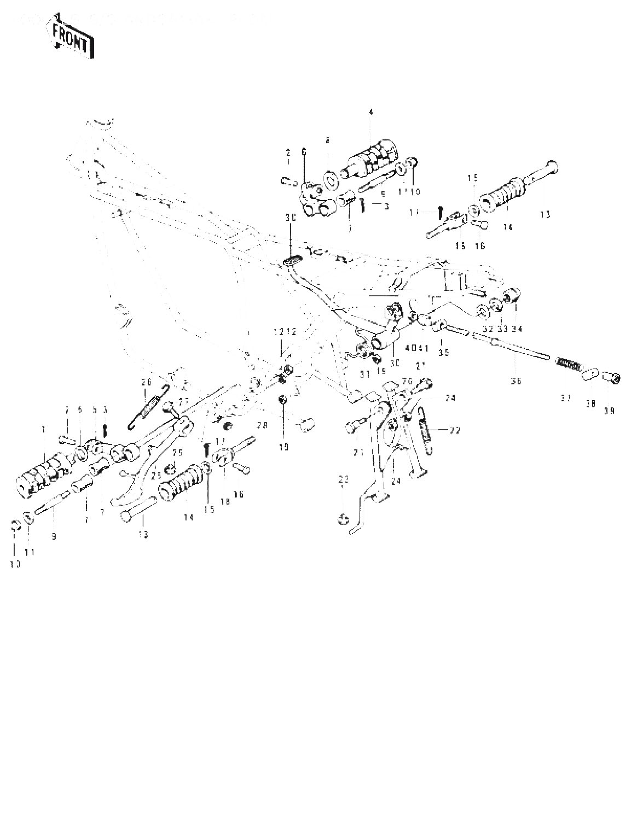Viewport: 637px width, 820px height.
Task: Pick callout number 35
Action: coord(443,353)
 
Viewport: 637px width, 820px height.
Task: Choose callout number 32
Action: coord(487,329)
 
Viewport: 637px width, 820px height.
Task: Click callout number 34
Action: coord(517,329)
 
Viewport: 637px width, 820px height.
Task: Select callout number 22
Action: coord(454,430)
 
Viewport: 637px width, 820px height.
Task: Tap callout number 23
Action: coord(343,479)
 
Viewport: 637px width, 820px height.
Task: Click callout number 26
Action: coord(146,382)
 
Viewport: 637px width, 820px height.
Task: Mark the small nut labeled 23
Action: coord(343,517)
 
